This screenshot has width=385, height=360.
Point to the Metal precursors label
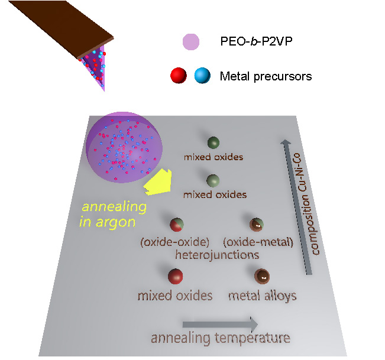click(x=266, y=76)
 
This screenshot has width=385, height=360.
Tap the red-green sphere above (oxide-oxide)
click(x=177, y=225)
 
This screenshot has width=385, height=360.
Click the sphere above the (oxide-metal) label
click(x=257, y=225)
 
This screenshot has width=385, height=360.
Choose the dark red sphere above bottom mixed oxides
click(x=175, y=277)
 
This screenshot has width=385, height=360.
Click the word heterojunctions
click(x=217, y=255)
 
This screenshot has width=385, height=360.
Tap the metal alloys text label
click(x=262, y=295)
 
